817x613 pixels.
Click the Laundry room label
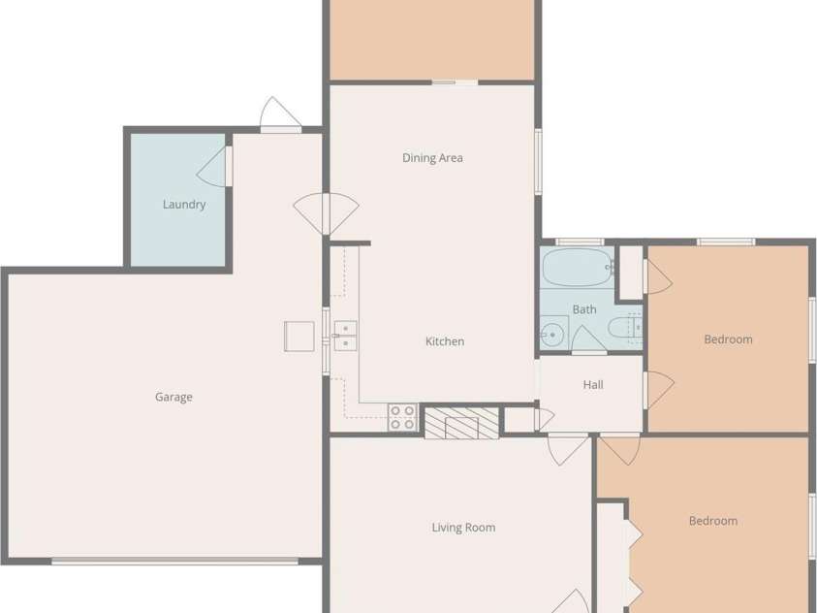tap(184, 205)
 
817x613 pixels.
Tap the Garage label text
tap(173, 397)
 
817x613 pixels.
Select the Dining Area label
tap(432, 158)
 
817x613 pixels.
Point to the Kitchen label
tap(445, 341)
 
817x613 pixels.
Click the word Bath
tap(584, 310)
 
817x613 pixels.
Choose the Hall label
tap(593, 385)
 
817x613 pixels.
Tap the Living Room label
tap(463, 528)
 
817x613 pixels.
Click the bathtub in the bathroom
tap(577, 267)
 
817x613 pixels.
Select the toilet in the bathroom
tap(621, 331)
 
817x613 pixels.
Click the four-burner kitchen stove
tap(402, 417)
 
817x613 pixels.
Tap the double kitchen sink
tap(344, 336)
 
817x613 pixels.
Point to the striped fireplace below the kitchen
tap(461, 423)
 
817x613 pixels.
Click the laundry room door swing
tap(214, 167)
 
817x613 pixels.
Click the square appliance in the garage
tap(299, 336)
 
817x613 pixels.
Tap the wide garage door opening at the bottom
tap(174, 561)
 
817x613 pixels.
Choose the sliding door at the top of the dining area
tap(455, 82)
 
